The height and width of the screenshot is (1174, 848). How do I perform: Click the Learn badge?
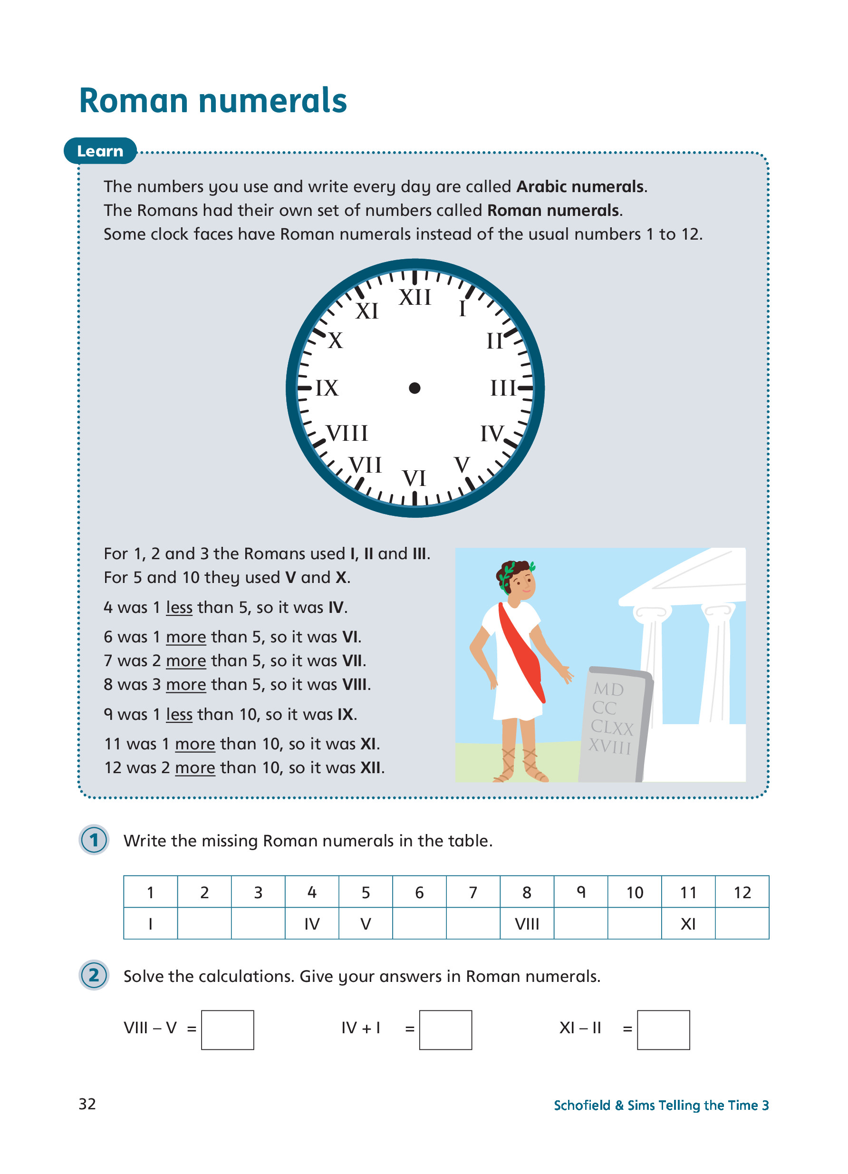coord(100,151)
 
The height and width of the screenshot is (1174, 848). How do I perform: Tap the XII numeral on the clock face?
coord(415,298)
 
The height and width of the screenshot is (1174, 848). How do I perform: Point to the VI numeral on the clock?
coord(414,478)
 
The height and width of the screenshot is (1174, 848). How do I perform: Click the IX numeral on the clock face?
coord(327,388)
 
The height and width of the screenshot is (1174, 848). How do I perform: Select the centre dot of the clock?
coord(414,388)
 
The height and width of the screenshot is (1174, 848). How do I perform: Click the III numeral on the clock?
coord(503,388)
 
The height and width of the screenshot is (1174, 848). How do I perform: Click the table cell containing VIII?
coord(527,924)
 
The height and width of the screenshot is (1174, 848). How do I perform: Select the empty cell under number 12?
coord(742,924)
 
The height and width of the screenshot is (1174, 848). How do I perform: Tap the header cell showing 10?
coord(634,893)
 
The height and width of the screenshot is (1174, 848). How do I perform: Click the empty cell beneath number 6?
coord(419,924)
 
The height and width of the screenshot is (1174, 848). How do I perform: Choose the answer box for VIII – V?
coord(228,1030)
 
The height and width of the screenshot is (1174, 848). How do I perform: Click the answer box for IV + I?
coord(445,1030)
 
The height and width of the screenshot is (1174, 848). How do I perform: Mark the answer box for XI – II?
coord(663,1030)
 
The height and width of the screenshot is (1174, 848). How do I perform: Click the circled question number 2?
coord(94,975)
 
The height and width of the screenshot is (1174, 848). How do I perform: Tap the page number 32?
coord(87,1104)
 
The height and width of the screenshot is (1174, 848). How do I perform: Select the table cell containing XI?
coord(688,924)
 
